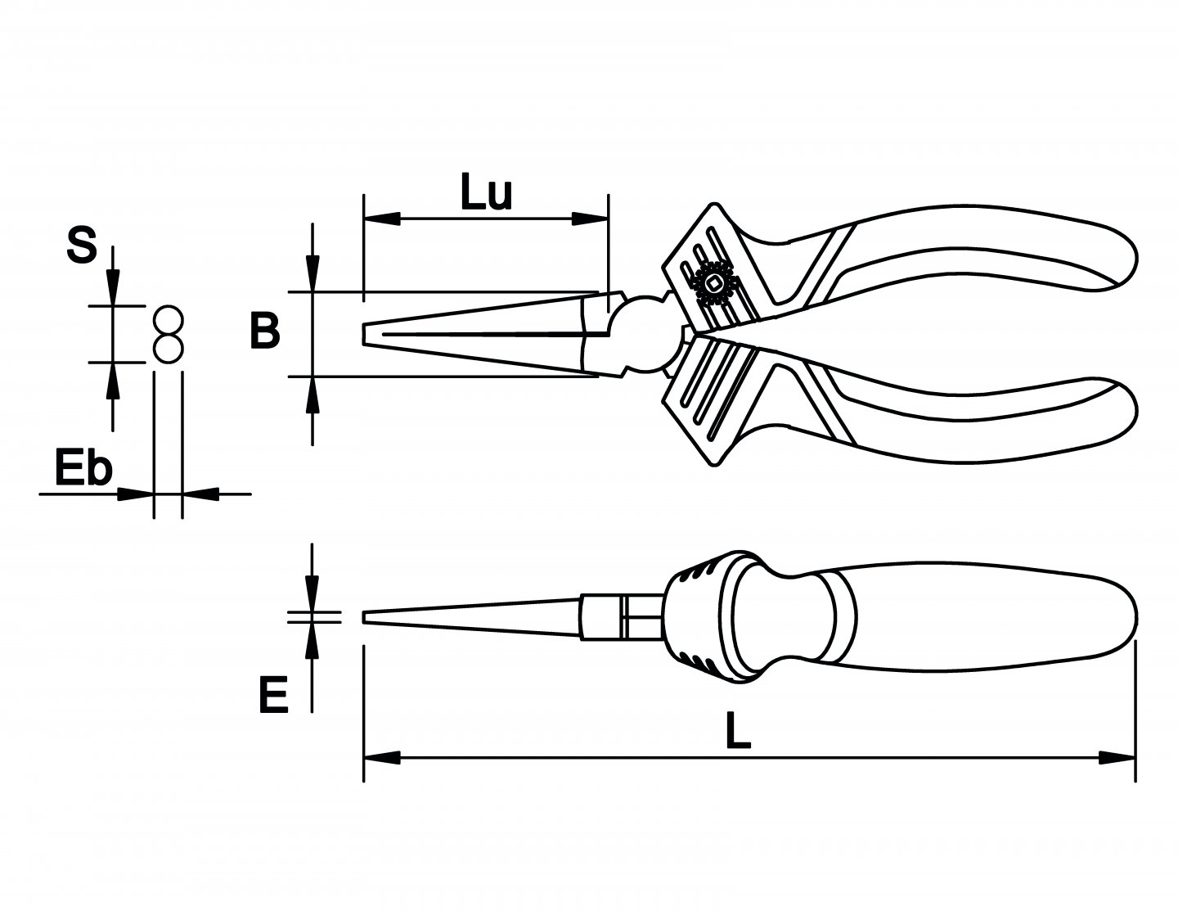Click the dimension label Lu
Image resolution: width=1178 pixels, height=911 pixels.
486,194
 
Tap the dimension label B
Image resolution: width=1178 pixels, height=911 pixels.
265,331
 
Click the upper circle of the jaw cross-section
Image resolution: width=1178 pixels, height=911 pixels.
168,320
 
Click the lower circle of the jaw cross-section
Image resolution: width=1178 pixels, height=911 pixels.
168,348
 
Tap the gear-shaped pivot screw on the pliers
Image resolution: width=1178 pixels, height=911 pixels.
713,284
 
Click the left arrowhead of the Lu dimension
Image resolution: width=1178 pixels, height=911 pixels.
381,219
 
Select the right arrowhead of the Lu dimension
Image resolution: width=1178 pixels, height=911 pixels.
590,219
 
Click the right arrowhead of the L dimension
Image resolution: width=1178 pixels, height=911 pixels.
1117,758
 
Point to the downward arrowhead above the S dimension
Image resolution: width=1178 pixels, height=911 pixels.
113,289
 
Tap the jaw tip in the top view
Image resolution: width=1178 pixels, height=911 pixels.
365,334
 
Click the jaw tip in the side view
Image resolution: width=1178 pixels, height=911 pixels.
365,617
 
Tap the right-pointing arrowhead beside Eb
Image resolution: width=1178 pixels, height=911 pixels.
135,494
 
